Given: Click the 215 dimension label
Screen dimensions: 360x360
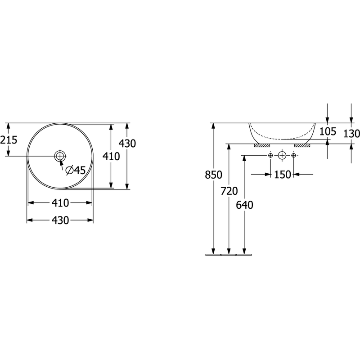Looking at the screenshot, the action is (9, 139).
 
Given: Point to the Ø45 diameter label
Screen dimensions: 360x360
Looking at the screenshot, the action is (76, 170).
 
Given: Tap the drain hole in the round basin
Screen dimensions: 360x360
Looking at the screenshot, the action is (60, 156).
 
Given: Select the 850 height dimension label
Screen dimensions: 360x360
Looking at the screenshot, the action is (213, 175).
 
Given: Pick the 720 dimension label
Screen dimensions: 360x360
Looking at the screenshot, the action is (229, 191).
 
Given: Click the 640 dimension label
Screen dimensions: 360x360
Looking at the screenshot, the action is (244, 205).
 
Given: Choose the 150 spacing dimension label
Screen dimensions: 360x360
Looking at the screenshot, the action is (283, 175).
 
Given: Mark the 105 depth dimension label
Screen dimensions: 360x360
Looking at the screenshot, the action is (328, 131).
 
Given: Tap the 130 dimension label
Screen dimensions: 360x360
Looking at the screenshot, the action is (351, 133).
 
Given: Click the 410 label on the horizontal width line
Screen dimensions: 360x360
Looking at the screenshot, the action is (60, 203).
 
